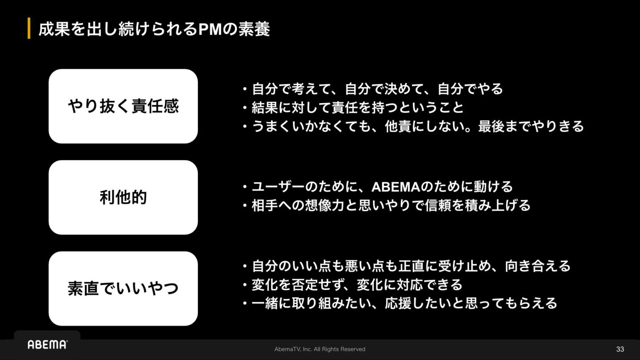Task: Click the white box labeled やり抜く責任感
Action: (x=123, y=106)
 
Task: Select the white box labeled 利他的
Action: (x=123, y=197)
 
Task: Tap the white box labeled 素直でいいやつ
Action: (x=123, y=288)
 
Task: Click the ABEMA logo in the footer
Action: (x=48, y=344)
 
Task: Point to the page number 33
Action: (x=620, y=349)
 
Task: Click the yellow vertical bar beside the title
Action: (x=29, y=29)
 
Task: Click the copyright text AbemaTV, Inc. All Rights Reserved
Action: (x=320, y=349)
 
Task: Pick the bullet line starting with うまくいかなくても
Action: (x=413, y=127)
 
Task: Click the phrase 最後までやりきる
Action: (x=531, y=127)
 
